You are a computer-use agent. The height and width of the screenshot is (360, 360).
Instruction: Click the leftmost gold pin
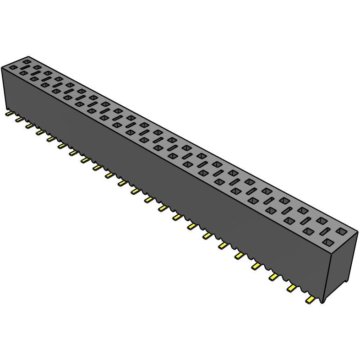pyautogui.click(x=8, y=113)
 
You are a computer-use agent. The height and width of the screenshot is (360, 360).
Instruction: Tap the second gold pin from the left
pyautogui.click(x=19, y=119)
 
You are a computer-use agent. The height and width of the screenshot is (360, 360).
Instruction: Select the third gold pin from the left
pyautogui.click(x=29, y=125)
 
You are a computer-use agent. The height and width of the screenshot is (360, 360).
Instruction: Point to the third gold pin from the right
pyautogui.click(x=274, y=277)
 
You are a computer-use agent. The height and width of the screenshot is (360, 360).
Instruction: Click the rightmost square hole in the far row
pyautogui.click(x=342, y=231)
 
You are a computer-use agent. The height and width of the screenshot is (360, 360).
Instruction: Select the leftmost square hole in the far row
pyautogui.click(x=27, y=61)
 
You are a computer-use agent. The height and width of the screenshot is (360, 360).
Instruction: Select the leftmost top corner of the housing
pyautogui.click(x=1, y=66)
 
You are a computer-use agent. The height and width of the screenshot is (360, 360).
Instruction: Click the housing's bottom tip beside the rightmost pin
pyautogui.click(x=322, y=302)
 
